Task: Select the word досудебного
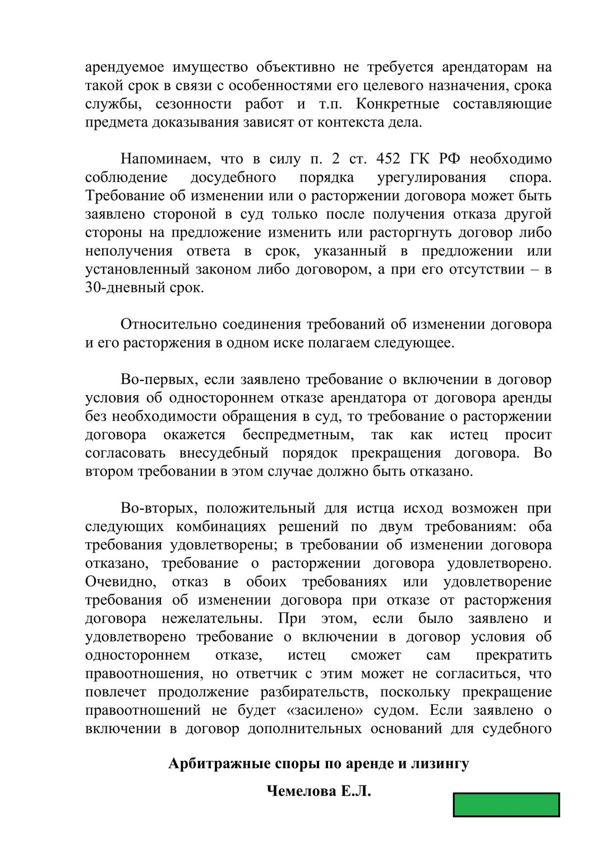coord(233,178)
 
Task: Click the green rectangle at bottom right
coord(506,805)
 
